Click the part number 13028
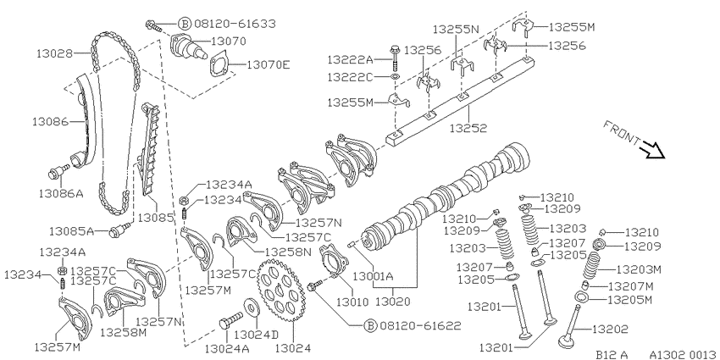click(x=55, y=53)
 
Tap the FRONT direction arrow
click(x=652, y=150)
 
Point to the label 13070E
click(x=269, y=64)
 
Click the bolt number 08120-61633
click(x=235, y=23)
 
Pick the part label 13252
click(x=468, y=129)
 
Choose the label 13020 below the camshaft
click(x=394, y=302)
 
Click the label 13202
click(x=610, y=329)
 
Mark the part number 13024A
click(x=227, y=348)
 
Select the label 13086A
click(x=61, y=193)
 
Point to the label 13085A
click(x=72, y=231)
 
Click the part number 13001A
click(x=373, y=276)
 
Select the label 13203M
click(x=639, y=269)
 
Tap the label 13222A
click(x=350, y=59)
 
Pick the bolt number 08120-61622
click(x=420, y=325)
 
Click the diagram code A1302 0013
click(x=684, y=354)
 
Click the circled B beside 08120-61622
click(x=370, y=325)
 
